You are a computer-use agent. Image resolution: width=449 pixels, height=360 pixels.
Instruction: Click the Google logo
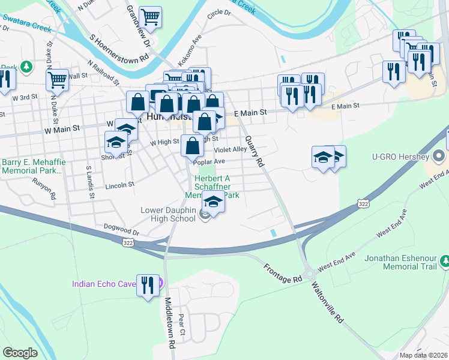20,353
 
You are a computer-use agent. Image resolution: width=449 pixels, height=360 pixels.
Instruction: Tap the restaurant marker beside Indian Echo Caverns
148,285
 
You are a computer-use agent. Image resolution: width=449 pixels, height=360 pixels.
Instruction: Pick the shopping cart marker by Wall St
57,79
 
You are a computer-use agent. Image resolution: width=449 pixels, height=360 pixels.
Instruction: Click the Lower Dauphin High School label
168,214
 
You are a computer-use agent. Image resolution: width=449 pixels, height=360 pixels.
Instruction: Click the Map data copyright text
423,355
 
